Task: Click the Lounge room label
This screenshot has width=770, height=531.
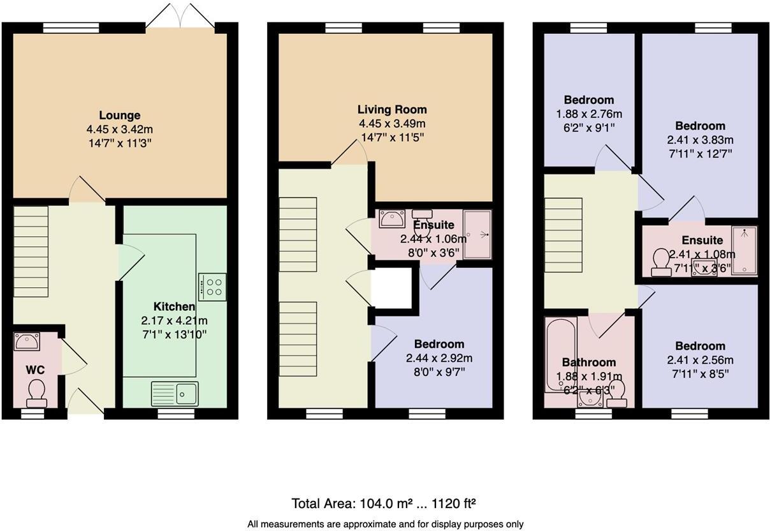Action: [120, 116]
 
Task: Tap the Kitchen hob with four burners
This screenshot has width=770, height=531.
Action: [212, 287]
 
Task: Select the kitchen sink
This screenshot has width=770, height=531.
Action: [175, 393]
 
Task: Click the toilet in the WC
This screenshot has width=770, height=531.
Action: [36, 392]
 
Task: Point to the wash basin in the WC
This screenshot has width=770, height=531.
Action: [27, 341]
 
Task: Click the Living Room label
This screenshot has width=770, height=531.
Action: [392, 109]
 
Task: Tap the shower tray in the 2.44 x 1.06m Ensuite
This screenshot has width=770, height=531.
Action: [477, 234]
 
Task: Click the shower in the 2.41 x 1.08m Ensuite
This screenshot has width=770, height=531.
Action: [743, 250]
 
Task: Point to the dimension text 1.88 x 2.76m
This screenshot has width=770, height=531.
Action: [589, 114]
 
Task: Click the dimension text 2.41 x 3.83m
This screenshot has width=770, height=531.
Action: [700, 140]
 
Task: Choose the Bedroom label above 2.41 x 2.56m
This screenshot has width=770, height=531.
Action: [700, 346]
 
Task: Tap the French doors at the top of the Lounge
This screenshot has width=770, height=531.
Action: [180, 16]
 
